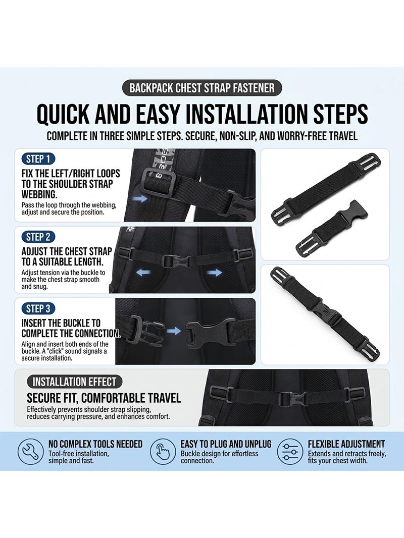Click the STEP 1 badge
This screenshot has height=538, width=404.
point(38,159)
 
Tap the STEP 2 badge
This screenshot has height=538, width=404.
point(38,237)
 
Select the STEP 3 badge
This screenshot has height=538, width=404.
point(38,309)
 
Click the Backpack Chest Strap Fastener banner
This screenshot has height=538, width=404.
point(202,88)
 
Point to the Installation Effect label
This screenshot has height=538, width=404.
point(74,382)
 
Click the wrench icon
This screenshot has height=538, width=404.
point(30,452)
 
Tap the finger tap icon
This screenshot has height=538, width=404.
point(163,452)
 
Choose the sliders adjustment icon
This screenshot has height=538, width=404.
point(290,452)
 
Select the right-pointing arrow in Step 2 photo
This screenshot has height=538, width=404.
point(214,273)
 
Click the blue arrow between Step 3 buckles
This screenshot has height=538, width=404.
point(174,331)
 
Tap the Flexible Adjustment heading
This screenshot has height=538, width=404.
point(346,444)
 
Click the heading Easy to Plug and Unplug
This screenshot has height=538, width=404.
point(226,444)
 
